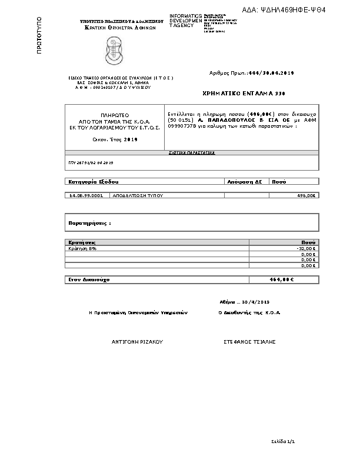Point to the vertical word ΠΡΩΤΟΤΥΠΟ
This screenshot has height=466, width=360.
pos(39,36)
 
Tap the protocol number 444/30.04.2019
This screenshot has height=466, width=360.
pos(271,73)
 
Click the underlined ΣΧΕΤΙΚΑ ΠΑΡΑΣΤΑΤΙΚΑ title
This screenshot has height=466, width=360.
pos(192,152)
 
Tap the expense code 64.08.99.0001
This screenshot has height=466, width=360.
pos(86,195)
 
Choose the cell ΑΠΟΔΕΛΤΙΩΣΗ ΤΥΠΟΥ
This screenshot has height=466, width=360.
pos(138,195)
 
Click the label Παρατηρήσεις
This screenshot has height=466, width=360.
pos(89,224)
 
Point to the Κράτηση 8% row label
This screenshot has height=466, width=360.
pos(82,248)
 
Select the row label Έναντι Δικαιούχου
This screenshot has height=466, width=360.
pos(89,279)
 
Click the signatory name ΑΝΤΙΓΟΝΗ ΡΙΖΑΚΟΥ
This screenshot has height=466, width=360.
pos(137,341)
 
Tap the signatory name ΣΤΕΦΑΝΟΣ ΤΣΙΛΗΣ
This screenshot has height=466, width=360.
pos(249,341)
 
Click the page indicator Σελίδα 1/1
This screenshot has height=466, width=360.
pos(282,440)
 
